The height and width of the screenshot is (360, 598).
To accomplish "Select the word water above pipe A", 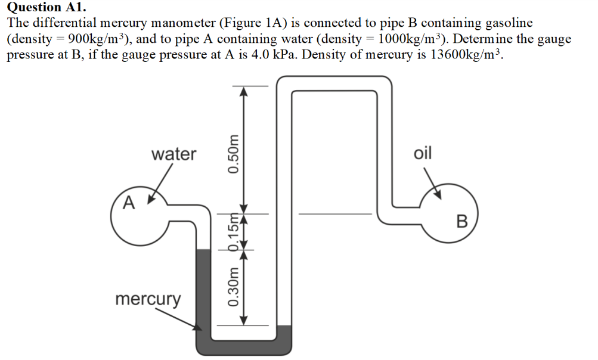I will click(x=173, y=154).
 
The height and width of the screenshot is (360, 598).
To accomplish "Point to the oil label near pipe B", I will click(x=422, y=153).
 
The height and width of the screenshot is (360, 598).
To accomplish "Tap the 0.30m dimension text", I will click(x=234, y=288).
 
